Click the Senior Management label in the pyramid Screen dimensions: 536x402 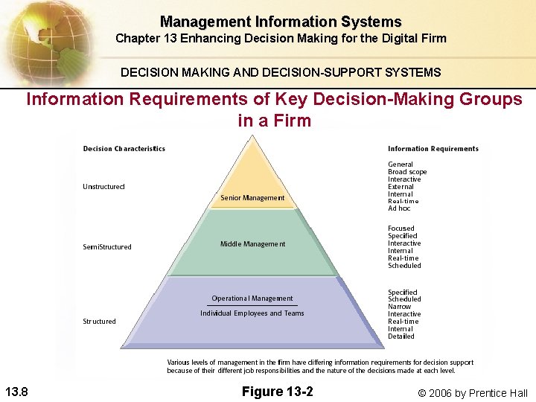point(252,198)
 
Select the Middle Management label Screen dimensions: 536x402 point(252,244)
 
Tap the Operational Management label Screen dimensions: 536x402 point(252,299)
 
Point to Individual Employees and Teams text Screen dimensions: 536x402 point(252,313)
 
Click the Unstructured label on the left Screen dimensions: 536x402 point(103,186)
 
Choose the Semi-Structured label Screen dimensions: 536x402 point(106,247)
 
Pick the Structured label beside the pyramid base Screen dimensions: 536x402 point(99,322)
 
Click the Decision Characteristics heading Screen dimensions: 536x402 point(124,149)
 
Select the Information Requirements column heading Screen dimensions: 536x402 point(433,149)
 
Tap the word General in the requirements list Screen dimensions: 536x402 point(401,165)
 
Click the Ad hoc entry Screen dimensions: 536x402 point(399,208)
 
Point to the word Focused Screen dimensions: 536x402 point(401,229)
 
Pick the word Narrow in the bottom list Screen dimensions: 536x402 point(399,307)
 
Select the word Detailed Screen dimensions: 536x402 point(401,336)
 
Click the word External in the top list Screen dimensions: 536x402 point(401,187)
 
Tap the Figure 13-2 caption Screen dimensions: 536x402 point(278,392)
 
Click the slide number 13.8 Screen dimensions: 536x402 point(16,392)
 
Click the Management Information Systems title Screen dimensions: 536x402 point(281,22)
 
